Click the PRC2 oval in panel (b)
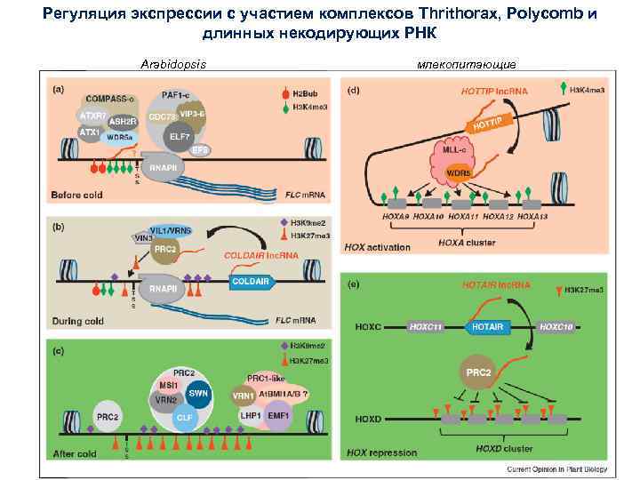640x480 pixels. coord(165,249)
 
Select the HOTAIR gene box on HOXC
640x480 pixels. coord(487,326)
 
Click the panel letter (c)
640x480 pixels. coord(61,351)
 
